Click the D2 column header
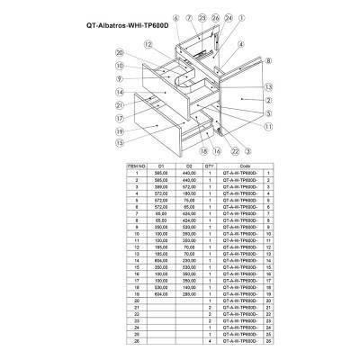point(190,167)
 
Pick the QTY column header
point(210,167)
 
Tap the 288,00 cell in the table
point(190,293)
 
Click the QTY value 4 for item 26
point(210,343)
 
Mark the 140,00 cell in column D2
point(190,286)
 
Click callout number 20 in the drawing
point(118,52)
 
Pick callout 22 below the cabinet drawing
point(235,150)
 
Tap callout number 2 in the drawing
point(269,101)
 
